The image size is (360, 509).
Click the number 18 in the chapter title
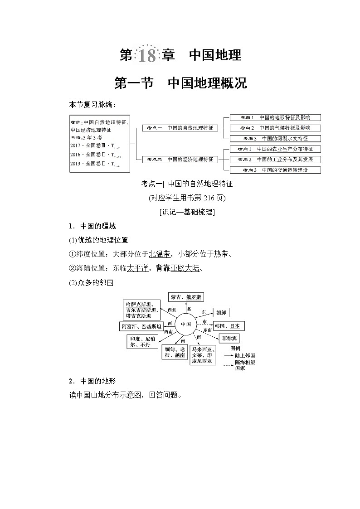tap(146, 56)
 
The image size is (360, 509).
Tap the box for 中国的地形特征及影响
tap(275, 117)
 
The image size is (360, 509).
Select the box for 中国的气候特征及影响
tap(275, 128)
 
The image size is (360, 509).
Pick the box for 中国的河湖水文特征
tap(275, 139)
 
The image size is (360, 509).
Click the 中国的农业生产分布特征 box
tap(275, 149)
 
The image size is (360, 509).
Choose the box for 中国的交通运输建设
tap(275, 170)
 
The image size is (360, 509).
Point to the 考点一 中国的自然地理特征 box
tap(180, 128)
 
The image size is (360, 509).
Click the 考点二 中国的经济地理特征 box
tap(180, 160)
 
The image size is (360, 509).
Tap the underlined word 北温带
tap(159, 254)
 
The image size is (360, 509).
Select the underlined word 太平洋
tap(137, 268)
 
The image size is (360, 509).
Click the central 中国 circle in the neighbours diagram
tap(185, 324)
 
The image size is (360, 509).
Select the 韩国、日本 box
tap(229, 326)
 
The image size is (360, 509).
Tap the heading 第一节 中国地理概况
tap(180, 83)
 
